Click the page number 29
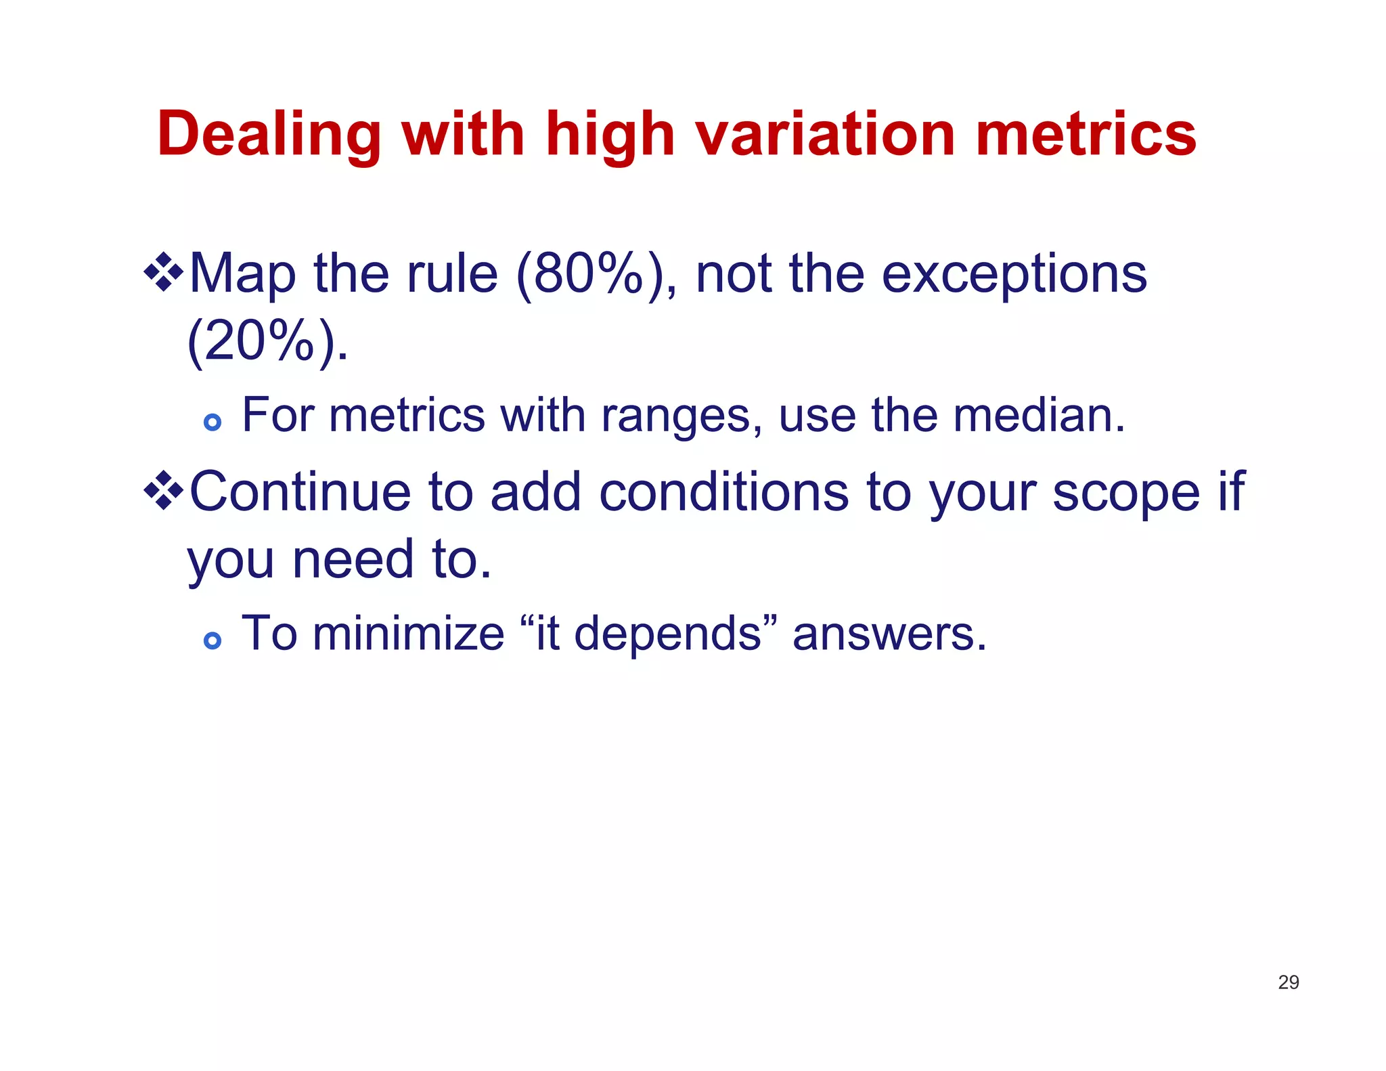[x=1288, y=982]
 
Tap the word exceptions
[x=1013, y=274]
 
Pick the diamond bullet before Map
[x=163, y=273]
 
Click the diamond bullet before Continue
[x=163, y=491]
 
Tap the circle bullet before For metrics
[x=213, y=422]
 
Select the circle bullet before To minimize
[x=213, y=640]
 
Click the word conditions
[x=723, y=492]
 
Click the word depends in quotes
[x=667, y=635]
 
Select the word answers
[x=889, y=635]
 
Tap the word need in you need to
[x=352, y=560]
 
